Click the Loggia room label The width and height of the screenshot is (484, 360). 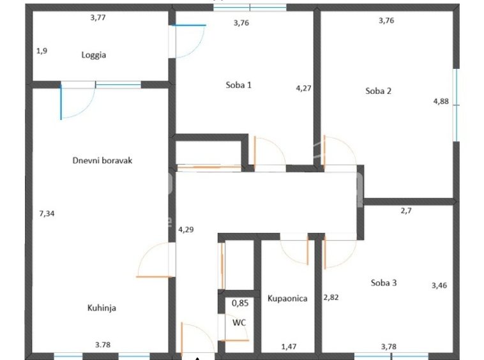coord(94,55)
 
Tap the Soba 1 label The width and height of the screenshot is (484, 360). coord(239,85)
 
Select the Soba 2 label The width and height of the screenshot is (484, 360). coord(379,91)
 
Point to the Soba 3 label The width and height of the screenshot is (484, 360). coord(384,283)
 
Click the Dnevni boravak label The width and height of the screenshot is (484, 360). coord(102,160)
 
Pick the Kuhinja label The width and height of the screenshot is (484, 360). coord(102,308)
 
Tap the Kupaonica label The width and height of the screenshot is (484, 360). coord(287,299)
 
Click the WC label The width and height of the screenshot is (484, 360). coord(239,323)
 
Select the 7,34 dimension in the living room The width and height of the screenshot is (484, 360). coord(47,213)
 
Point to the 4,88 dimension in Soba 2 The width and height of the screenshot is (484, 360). coord(441,101)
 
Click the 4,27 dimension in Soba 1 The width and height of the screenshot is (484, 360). coord(304,88)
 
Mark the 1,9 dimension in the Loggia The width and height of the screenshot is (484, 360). coord(42,50)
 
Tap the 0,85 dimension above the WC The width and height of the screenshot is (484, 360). coord(240,303)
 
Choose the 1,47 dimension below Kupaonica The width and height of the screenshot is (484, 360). coord(289,347)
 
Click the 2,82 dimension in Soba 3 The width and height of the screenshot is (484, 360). coord(331,297)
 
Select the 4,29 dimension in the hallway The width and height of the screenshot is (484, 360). coord(186,230)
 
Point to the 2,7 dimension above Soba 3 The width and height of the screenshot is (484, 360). coord(406,211)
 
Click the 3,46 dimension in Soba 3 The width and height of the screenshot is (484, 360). coord(439,285)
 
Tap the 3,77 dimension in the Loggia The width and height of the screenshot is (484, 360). coord(98,18)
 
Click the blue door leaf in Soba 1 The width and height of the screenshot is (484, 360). coord(189,26)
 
